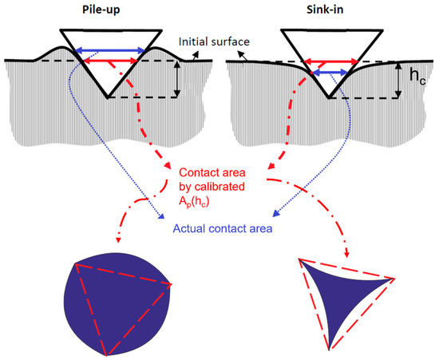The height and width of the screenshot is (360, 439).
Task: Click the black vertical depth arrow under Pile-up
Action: pyautogui.click(x=178, y=79)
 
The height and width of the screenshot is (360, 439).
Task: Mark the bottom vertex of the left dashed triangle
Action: pyautogui.click(x=106, y=355)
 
